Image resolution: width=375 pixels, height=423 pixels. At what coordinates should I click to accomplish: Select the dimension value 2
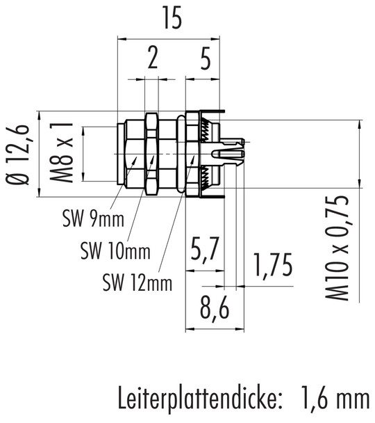pos(152,61)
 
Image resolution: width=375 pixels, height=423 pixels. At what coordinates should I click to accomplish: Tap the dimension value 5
pos(204,61)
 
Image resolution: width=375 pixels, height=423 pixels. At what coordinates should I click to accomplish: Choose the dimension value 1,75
pos(272,267)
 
